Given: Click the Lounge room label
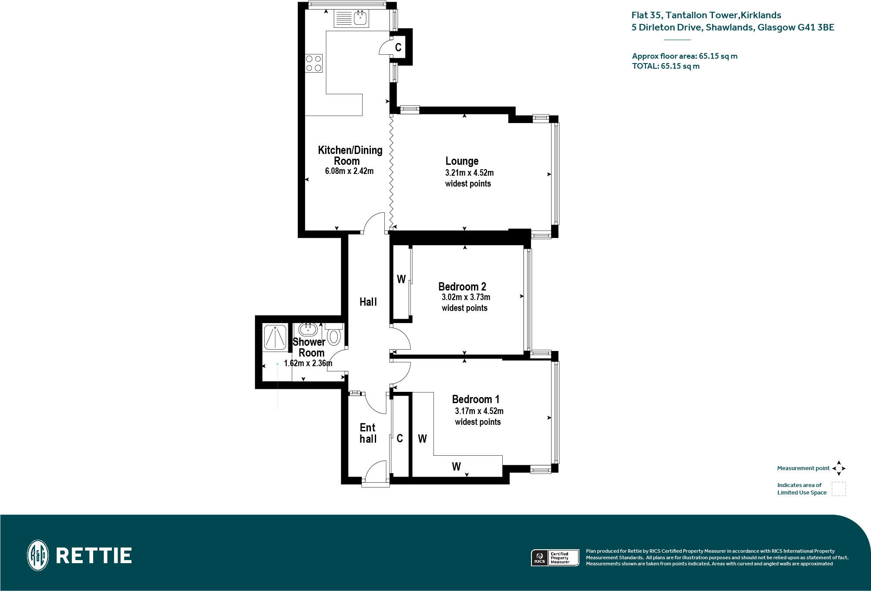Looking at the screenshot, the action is (462, 161).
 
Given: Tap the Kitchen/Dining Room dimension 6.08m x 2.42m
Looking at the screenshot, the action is (349, 171).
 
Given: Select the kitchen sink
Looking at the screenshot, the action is (360, 18).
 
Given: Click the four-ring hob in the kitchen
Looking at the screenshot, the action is (313, 63).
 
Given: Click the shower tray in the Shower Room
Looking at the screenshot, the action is (275, 337).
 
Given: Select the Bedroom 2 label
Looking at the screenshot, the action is (462, 287).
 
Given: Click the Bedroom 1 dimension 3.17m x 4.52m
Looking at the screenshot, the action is (479, 411).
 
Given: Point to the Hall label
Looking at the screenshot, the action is (368, 302).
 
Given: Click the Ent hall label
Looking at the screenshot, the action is (368, 433).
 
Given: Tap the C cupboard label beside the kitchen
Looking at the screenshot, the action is (398, 47).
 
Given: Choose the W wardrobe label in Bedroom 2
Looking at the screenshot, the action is (401, 279).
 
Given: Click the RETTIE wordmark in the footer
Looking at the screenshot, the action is (94, 555).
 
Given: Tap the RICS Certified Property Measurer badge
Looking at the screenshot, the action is (555, 558).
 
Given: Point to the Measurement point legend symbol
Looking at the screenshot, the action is (839, 468).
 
